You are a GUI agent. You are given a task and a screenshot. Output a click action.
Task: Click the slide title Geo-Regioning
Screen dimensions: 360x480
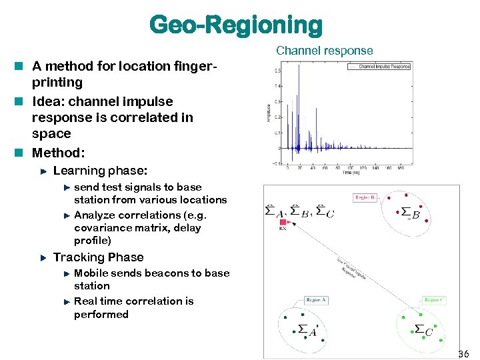(236, 25)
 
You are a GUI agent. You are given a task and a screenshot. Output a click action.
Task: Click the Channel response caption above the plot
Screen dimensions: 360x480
(324, 51)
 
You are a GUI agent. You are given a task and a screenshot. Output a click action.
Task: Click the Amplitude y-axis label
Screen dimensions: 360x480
(269, 113)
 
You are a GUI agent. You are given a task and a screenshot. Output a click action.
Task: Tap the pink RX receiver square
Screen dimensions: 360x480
(283, 221)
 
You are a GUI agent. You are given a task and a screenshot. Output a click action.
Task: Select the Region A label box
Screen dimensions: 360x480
(316, 300)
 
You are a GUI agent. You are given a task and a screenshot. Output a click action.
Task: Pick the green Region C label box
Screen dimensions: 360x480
(433, 300)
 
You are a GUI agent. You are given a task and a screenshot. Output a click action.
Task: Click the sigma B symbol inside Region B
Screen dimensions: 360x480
(410, 213)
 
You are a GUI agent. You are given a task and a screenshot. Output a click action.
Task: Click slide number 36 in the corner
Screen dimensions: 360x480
(464, 353)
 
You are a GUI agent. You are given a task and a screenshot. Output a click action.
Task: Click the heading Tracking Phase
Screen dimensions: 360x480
(98, 257)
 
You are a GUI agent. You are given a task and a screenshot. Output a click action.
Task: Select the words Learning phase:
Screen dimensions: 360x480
(100, 171)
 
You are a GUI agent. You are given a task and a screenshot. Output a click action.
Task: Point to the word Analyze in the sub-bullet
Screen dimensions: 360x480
(94, 215)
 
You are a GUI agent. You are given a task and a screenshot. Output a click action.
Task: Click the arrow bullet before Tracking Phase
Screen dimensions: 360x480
(43, 257)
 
